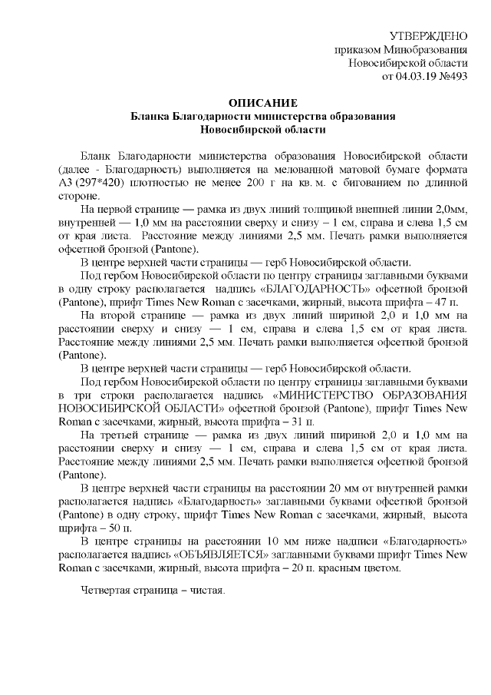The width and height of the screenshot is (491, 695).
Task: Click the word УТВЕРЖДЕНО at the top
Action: coord(428,36)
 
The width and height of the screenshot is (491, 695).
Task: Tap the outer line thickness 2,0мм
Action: coord(450,210)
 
